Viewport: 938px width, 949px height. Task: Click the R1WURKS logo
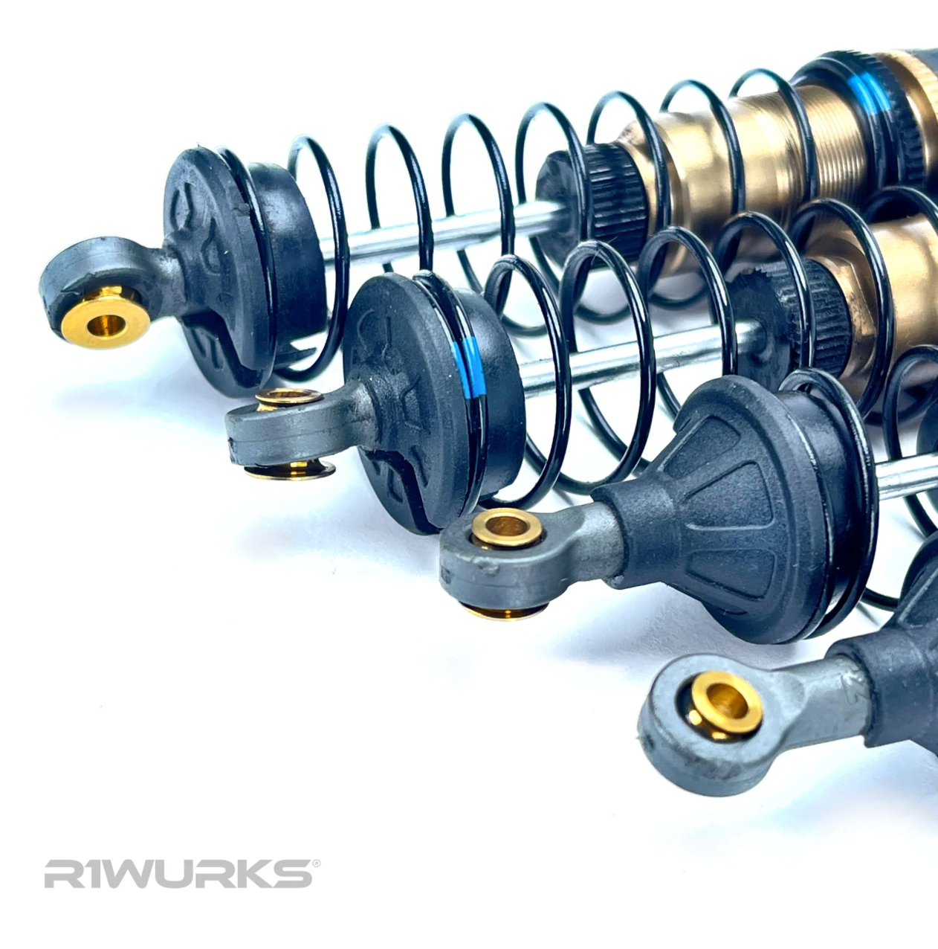point(178,874)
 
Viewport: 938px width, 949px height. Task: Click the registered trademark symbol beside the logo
point(317,863)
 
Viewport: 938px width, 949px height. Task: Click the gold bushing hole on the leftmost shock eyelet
point(104,323)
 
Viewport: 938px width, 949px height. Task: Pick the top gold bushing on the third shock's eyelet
point(507,529)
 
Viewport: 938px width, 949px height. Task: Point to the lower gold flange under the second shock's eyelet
point(291,469)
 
